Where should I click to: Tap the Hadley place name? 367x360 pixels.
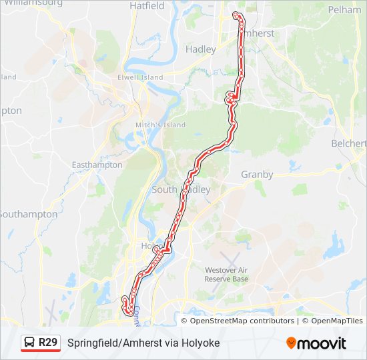[201, 49]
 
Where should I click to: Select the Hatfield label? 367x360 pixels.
[147, 5]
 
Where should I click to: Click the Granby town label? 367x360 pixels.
[257, 175]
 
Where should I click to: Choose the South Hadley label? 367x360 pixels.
[181, 189]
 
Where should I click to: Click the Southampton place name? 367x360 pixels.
[28, 214]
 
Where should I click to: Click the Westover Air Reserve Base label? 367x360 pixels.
[226, 274]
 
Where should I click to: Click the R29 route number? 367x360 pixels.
[48, 343]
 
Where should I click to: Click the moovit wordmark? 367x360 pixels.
[322, 343]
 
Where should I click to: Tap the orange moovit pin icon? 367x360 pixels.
[291, 343]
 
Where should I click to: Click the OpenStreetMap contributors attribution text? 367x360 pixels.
[242, 321]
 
